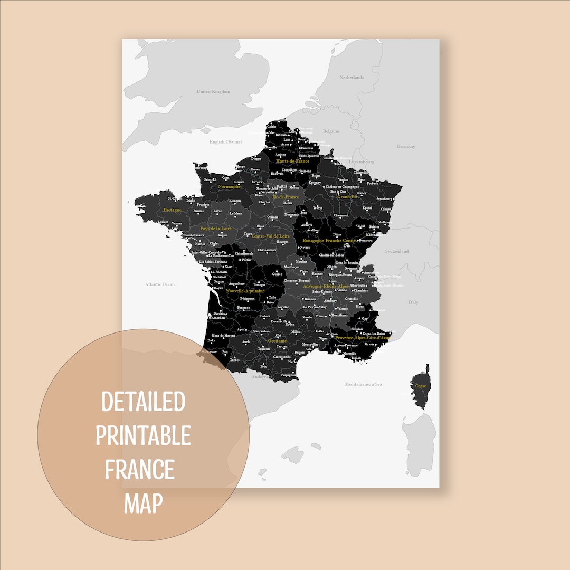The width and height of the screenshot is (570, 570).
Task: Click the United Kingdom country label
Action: click(x=213, y=92)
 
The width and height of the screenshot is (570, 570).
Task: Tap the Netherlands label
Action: click(x=351, y=78)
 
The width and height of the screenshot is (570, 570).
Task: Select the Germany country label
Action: click(x=406, y=146)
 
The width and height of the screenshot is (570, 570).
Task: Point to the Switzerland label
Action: click(x=396, y=251)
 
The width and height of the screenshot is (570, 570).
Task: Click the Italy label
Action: click(x=413, y=302)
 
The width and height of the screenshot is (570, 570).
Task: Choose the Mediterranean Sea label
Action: click(x=363, y=384)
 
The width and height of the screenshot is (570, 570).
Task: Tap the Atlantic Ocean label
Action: click(x=160, y=284)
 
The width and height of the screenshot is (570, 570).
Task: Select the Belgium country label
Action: click(x=331, y=131)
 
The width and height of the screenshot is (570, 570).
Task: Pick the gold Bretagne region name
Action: click(x=172, y=210)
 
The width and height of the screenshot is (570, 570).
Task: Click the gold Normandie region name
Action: click(x=229, y=186)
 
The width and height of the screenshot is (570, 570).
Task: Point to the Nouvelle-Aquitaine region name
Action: click(x=245, y=291)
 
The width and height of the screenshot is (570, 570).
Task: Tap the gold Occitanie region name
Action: click(x=277, y=341)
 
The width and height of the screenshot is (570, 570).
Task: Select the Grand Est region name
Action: click(x=348, y=197)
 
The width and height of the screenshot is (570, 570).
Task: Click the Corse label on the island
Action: click(x=421, y=386)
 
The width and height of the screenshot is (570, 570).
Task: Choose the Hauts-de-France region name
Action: click(x=292, y=161)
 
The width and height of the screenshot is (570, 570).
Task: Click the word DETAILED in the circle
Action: click(x=143, y=402)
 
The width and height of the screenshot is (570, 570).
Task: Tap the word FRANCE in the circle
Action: click(x=140, y=469)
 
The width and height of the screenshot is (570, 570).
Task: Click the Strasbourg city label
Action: click(x=385, y=199)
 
